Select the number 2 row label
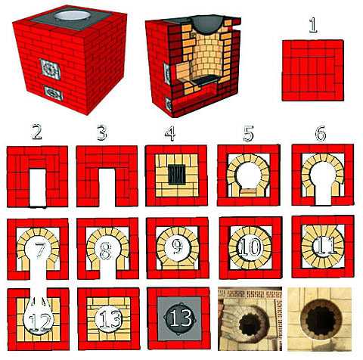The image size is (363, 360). (37, 133)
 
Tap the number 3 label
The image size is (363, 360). (102, 133)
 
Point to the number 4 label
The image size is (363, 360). (170, 133)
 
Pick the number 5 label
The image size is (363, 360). (249, 134)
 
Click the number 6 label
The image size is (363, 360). (321, 134)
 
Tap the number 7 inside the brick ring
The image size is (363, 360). (40, 250)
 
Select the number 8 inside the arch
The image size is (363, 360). (105, 251)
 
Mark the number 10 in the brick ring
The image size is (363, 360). (250, 247)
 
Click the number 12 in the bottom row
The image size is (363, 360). (40, 322)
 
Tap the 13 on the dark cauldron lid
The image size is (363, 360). (180, 317)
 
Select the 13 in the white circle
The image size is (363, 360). (110, 319)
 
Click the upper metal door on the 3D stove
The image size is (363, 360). (51, 69)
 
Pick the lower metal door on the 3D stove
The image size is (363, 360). (53, 93)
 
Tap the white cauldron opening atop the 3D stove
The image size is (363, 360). (72, 16)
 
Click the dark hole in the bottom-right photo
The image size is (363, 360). (321, 318)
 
